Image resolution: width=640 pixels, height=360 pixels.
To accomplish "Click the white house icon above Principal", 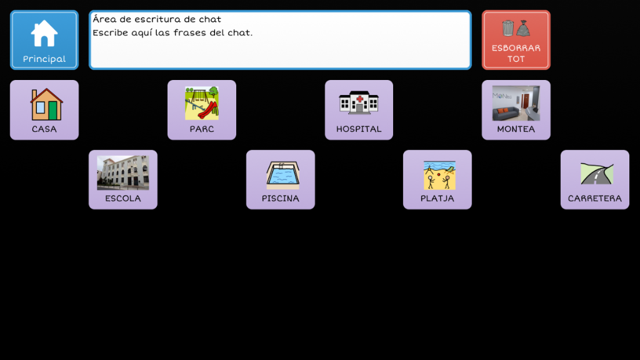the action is click(x=44, y=33).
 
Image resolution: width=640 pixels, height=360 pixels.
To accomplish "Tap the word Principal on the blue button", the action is click(x=44, y=59).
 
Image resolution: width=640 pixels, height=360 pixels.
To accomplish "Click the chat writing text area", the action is click(x=280, y=40).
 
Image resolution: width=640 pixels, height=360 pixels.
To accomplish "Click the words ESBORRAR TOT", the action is click(x=516, y=54).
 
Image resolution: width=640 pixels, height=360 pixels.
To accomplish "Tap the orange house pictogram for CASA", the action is click(x=46, y=104).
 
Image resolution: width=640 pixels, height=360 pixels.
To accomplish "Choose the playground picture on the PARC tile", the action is click(x=202, y=103).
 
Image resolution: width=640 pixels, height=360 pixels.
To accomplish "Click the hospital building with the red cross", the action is click(x=359, y=102).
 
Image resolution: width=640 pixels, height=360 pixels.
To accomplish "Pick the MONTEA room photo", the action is click(x=516, y=103).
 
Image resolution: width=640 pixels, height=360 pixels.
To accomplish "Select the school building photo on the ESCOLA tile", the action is click(x=123, y=172).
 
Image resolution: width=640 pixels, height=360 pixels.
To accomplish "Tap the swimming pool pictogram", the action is click(x=283, y=175).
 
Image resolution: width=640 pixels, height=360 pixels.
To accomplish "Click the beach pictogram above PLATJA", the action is click(x=439, y=175).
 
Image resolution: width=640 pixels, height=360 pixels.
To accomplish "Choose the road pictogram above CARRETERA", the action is click(x=597, y=174).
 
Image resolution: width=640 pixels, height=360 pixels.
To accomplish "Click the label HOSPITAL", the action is click(x=359, y=129).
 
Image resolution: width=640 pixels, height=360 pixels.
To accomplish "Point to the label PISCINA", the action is click(x=281, y=198).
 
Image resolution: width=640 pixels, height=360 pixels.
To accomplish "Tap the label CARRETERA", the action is click(x=595, y=198).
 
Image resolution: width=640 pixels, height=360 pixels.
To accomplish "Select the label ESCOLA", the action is click(x=123, y=198).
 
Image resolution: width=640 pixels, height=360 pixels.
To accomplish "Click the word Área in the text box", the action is click(x=104, y=19).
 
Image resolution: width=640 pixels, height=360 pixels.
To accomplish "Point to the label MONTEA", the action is click(x=516, y=129).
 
